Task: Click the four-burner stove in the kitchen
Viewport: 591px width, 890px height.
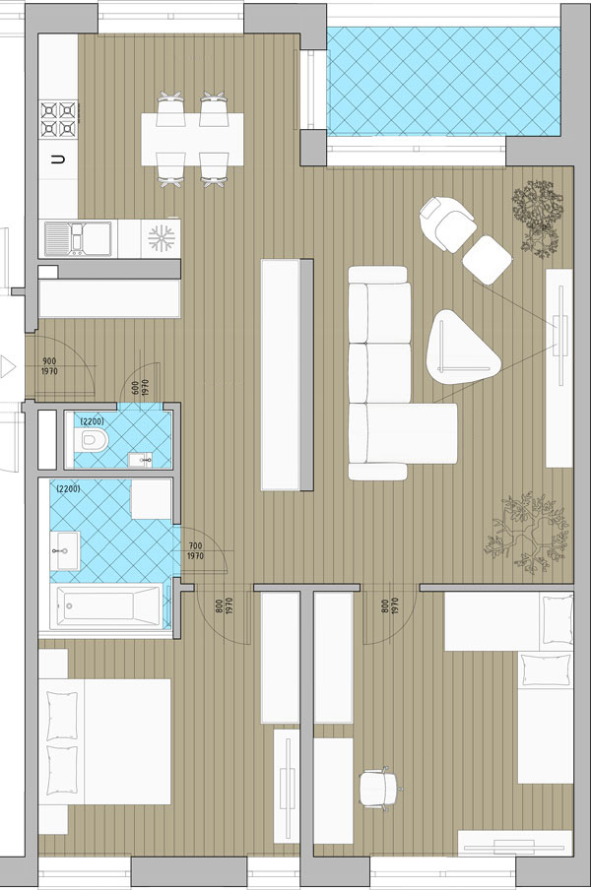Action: pos(58,118)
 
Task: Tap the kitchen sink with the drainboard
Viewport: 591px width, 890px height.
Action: pos(79,238)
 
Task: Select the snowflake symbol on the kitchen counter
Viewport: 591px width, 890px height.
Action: pos(161,238)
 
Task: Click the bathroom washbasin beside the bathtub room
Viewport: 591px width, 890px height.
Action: pos(65,550)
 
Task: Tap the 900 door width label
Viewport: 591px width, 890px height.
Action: pos(50,361)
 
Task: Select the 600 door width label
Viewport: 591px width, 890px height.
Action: pos(136,388)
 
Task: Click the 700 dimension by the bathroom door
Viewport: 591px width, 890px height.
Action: pos(195,546)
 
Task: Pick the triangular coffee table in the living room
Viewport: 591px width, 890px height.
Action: pos(462,348)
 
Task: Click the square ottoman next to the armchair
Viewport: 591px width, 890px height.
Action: pos(488,259)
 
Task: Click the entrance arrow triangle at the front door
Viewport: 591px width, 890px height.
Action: pos(7,366)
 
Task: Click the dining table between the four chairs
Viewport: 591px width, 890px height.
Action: pos(192,139)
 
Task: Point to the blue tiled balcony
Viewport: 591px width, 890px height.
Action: pos(443,81)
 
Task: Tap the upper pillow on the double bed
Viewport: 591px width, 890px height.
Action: pos(62,715)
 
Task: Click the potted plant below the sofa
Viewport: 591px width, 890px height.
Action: pos(526,533)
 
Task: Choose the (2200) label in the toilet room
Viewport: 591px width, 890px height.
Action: pos(92,421)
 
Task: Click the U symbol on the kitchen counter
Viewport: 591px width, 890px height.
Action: pos(58,159)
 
